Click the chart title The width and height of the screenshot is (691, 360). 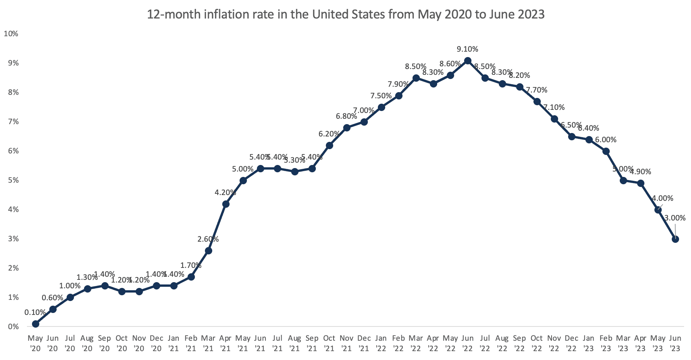coord(345,15)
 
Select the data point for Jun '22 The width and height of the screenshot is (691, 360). coord(468,61)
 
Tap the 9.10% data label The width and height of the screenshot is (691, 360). coord(468,49)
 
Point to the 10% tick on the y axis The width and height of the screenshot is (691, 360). coord(11,34)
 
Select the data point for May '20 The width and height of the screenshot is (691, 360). coord(35,324)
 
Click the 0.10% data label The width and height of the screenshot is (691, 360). coord(35,312)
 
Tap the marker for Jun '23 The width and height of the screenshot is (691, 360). coord(675,239)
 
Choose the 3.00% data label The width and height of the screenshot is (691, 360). coord(675,218)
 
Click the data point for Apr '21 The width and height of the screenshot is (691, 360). coord(226,204)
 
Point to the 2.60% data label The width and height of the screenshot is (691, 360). coord(208,239)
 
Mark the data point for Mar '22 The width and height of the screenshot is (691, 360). coord(416,78)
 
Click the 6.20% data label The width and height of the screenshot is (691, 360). coord(329,134)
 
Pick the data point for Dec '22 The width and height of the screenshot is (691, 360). coord(572,136)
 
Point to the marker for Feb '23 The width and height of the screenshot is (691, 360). coord(606,151)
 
